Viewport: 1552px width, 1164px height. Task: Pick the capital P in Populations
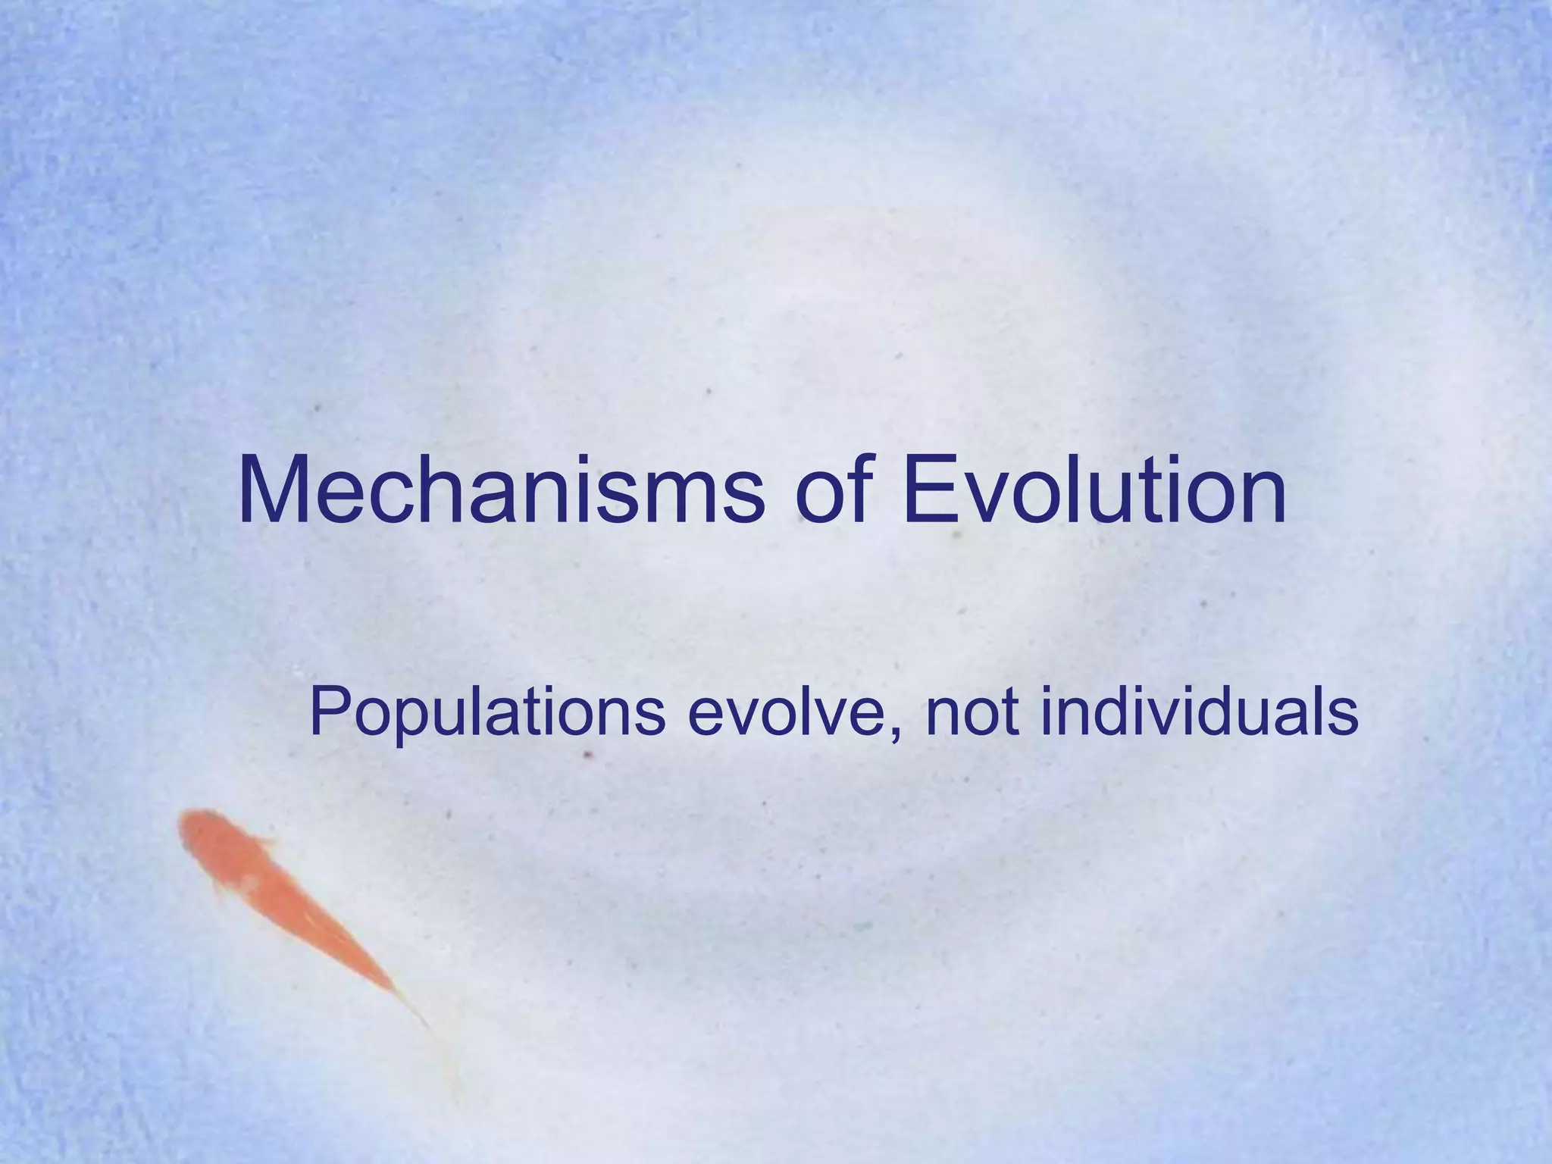point(328,714)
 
